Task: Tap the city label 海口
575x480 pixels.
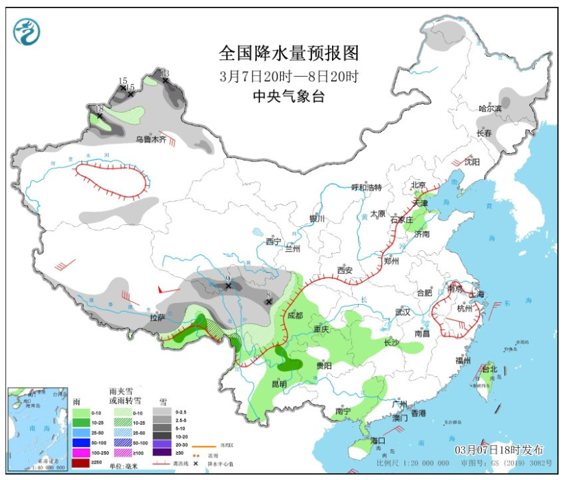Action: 377,440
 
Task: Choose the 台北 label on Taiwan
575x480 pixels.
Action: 489,369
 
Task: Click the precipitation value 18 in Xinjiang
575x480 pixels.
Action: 99,109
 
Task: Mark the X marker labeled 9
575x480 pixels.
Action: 229,286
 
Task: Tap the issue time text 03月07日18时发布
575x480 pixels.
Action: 500,450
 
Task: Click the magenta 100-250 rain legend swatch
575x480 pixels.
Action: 81,453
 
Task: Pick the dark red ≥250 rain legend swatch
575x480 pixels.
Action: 81,463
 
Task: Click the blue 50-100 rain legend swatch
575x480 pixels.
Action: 81,443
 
